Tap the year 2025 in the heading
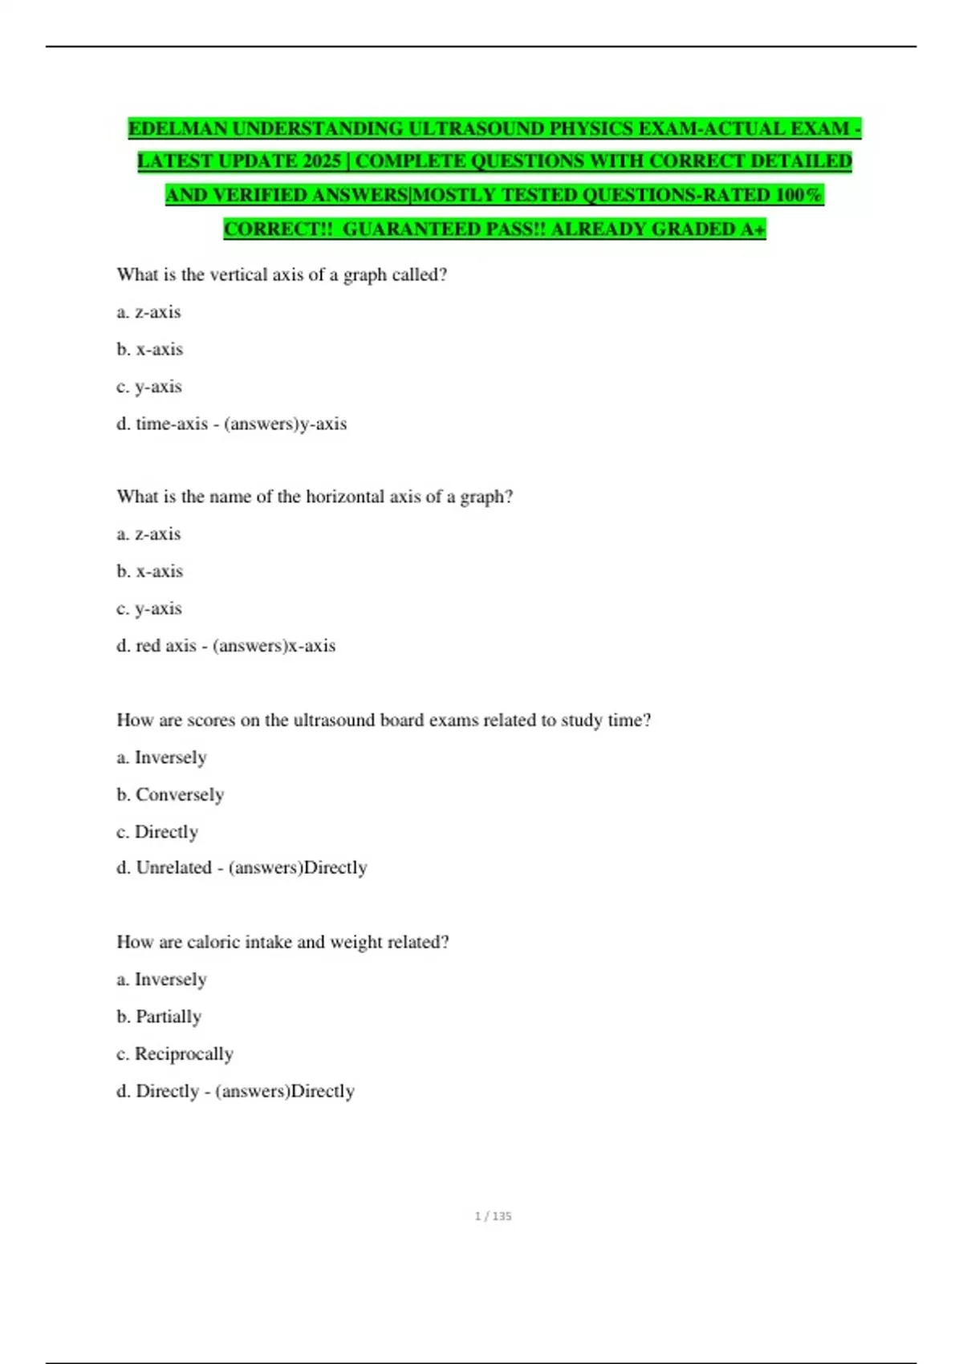coord(322,161)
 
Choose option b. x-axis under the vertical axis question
coord(150,350)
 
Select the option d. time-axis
coord(162,424)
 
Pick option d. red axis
coord(156,646)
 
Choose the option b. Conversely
coord(170,795)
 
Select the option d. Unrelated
coord(165,868)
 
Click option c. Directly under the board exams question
coord(157,832)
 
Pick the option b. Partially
coord(159,1017)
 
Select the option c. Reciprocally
coord(175,1054)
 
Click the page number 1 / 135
coord(493,1216)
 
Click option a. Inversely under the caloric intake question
coord(161,980)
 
